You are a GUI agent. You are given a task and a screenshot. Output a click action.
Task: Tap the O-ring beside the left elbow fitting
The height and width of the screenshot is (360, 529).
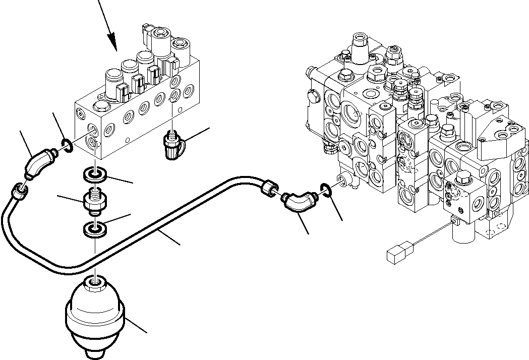click(66, 146)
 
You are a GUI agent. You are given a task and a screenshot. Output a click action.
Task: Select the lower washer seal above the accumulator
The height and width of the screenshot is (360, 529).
click(94, 230)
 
